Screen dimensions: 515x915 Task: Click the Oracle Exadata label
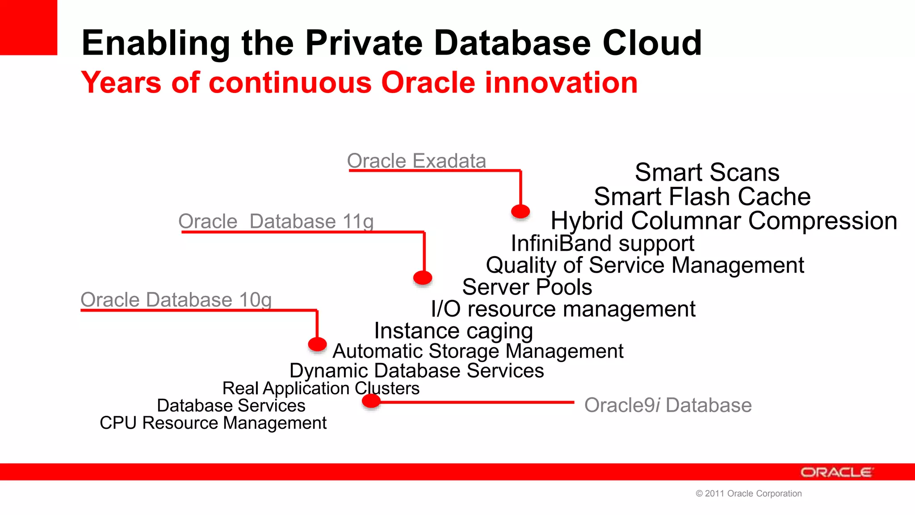[x=416, y=161]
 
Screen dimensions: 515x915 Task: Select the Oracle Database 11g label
[x=276, y=221]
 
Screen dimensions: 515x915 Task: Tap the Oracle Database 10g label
[x=176, y=300]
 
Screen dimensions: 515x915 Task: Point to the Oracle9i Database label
[x=668, y=405]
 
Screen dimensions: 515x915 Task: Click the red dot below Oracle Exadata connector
[x=520, y=211]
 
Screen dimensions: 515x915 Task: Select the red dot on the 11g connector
[x=423, y=278]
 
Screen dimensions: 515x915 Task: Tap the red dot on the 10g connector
[x=317, y=344]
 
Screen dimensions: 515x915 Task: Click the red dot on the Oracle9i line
[x=371, y=401]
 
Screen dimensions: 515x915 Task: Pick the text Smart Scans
[x=707, y=173]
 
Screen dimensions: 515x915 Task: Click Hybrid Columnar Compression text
[x=724, y=221]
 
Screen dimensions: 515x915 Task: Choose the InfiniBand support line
[x=602, y=244]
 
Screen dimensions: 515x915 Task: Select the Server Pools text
[x=527, y=287]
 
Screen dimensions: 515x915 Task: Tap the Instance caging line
[x=453, y=331]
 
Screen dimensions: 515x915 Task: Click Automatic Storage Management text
[x=478, y=351]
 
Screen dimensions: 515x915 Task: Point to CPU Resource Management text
[x=213, y=423]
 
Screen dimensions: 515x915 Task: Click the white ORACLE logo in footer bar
[x=836, y=472]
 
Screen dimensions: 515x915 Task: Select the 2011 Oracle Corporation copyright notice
[x=749, y=494]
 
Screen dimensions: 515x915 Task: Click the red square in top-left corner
[x=28, y=27]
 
